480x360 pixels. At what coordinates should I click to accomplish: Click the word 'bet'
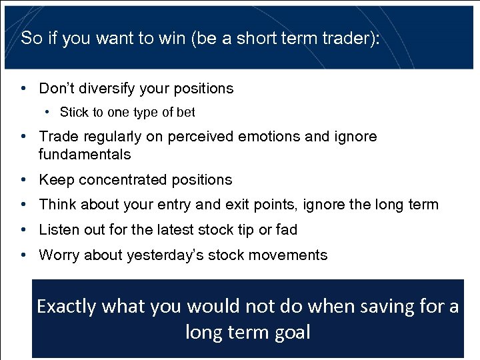[185, 113]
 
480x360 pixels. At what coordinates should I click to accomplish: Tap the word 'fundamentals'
[85, 155]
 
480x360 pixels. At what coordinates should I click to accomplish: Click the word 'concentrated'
[126, 180]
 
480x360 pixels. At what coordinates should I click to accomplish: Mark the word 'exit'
[254, 205]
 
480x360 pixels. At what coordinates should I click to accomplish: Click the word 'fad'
[287, 230]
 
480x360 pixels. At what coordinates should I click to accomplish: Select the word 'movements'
[295, 255]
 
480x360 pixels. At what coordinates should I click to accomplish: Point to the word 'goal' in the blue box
[291, 332]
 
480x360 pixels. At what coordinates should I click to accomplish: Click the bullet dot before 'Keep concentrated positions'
[23, 180]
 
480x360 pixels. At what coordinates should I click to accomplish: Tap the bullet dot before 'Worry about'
[23, 255]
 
